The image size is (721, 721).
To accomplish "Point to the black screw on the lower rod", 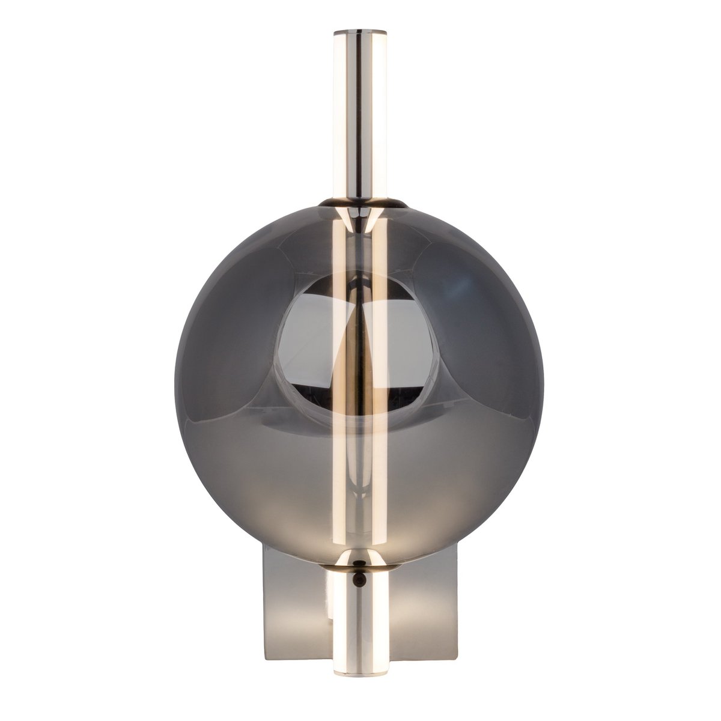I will (359, 579).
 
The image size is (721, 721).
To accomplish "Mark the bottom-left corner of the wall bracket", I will (261, 650).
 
